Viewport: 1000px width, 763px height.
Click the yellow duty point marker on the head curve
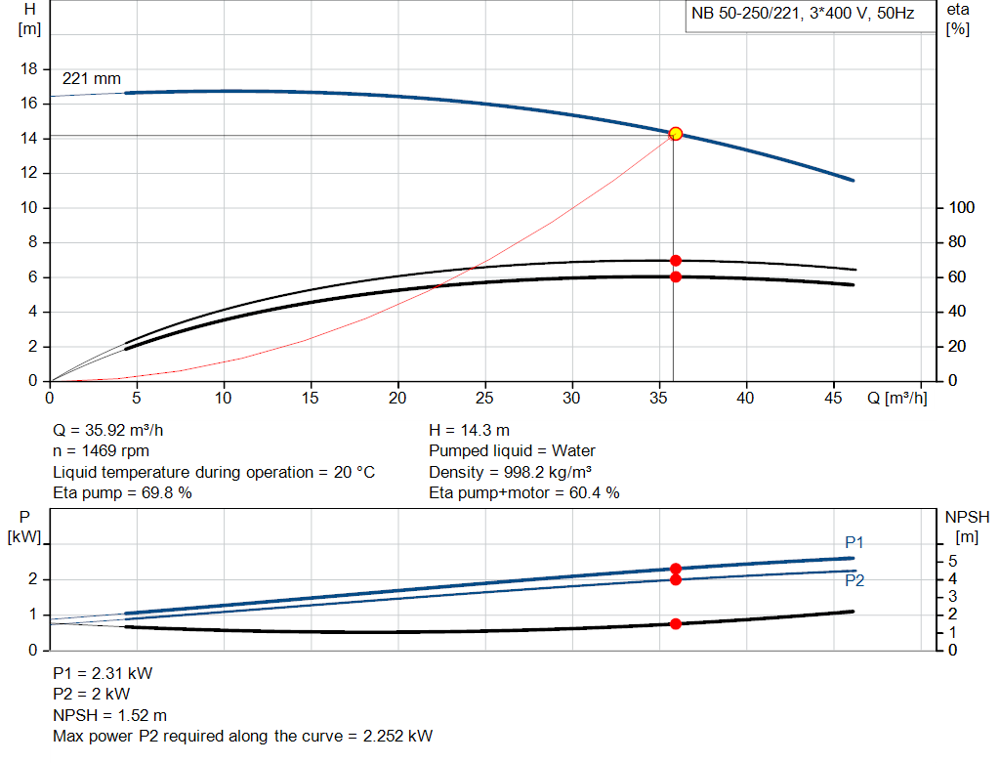click(675, 133)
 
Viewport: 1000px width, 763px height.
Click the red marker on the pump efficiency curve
click(675, 261)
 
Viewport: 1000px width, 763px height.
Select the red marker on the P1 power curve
click(675, 569)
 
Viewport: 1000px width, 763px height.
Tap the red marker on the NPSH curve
click(675, 623)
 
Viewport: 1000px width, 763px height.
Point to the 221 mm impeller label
click(92, 78)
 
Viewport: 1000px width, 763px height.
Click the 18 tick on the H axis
click(29, 69)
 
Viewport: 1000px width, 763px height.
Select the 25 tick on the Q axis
click(484, 398)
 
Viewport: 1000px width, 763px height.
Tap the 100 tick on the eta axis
click(962, 208)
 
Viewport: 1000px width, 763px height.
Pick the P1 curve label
click(854, 542)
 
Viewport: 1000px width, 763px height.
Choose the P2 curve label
click(854, 580)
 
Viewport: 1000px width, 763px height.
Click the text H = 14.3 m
click(469, 430)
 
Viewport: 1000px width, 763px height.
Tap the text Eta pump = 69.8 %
click(122, 493)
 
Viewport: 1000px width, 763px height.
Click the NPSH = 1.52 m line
click(109, 715)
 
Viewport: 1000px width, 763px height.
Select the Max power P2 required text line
click(242, 736)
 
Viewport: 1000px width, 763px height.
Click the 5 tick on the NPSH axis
click(953, 562)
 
